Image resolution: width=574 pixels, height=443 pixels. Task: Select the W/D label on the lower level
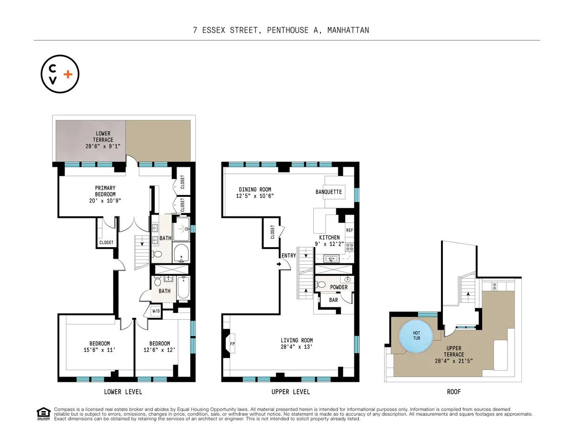coord(156,311)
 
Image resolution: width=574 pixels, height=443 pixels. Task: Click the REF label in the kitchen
coord(349,230)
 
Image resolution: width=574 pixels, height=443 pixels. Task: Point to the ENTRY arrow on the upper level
coord(279,262)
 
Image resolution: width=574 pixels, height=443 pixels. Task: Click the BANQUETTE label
coord(329,192)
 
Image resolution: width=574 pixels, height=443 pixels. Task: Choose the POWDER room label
coord(339,287)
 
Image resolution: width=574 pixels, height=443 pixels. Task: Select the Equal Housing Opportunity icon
coord(44,414)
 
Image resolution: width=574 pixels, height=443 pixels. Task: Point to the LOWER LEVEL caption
coord(123,392)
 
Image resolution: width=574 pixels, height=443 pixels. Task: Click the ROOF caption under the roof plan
coord(453,392)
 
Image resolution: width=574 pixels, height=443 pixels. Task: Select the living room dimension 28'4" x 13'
coord(297,347)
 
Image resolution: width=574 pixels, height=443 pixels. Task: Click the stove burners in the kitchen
coord(350,247)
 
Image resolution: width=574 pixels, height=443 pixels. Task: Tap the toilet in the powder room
coord(321,285)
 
